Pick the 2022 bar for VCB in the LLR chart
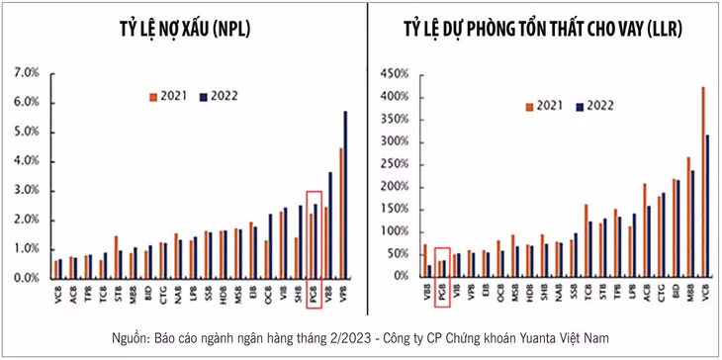click(x=706, y=205)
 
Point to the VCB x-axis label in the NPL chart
click(x=58, y=294)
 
